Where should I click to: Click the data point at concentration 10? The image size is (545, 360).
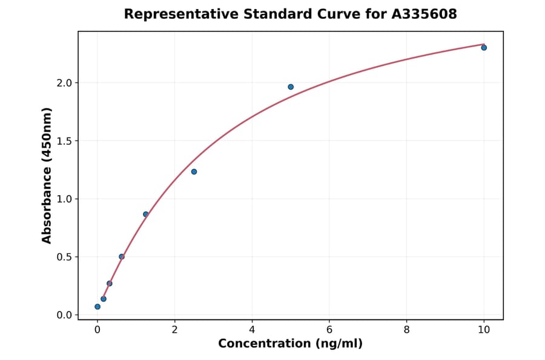tap(484, 47)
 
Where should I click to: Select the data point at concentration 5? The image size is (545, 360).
tap(291, 87)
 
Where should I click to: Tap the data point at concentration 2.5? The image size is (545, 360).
tap(194, 172)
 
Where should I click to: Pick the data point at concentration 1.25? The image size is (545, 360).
tap(146, 214)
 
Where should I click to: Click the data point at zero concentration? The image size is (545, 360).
tap(97, 307)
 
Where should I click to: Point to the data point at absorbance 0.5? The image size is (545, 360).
tap(122, 256)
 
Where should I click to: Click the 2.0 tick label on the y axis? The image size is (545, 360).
tap(64, 82)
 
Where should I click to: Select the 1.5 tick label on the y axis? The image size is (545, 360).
tap(64, 141)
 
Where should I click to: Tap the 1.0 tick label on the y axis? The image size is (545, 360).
tap(64, 199)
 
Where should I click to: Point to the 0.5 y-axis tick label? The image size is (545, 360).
tap(64, 257)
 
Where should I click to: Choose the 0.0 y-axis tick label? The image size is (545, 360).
tap(64, 315)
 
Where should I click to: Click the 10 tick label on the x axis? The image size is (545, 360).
tap(484, 330)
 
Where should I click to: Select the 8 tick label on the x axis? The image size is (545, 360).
tap(406, 330)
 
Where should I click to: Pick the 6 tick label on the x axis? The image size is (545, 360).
tap(329, 330)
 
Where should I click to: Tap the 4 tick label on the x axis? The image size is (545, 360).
tap(252, 330)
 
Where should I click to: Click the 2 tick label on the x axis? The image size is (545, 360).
tap(175, 330)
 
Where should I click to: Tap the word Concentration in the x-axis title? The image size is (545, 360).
tap(263, 344)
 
